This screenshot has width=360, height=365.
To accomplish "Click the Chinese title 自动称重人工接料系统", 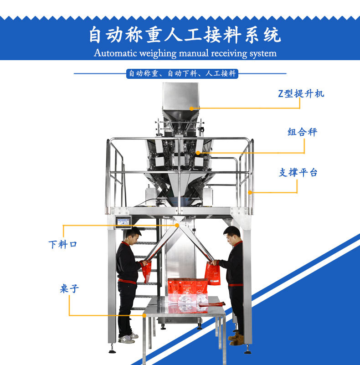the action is (x=185, y=35).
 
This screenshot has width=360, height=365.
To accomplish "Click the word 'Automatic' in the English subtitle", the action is (x=115, y=53).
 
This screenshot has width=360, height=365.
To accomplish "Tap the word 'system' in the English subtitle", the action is (x=263, y=54).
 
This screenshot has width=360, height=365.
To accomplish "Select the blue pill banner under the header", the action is (x=182, y=73).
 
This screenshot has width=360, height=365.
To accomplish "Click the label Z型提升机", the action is (x=301, y=93).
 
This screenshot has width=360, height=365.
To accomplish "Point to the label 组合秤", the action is (x=302, y=132).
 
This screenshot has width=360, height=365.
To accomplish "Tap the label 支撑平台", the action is (x=298, y=173).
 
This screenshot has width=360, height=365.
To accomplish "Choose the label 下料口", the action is (x=62, y=245).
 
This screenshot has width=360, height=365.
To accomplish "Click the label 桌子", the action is (x=69, y=288).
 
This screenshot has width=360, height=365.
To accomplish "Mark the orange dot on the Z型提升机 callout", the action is (x=191, y=108).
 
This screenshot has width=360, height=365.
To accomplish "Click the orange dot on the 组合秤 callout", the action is (x=198, y=153).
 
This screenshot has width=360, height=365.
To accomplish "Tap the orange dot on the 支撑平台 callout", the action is (x=250, y=192).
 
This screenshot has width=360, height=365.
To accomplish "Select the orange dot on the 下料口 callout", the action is (x=177, y=225).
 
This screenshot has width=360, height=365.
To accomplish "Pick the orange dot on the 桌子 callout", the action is (x=144, y=315).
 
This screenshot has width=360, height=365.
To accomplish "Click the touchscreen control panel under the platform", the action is (x=123, y=222).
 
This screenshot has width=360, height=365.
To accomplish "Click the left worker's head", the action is (x=133, y=236).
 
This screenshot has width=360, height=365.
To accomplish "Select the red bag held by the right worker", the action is (x=212, y=273).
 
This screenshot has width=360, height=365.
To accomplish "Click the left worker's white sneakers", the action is (x=128, y=338).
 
